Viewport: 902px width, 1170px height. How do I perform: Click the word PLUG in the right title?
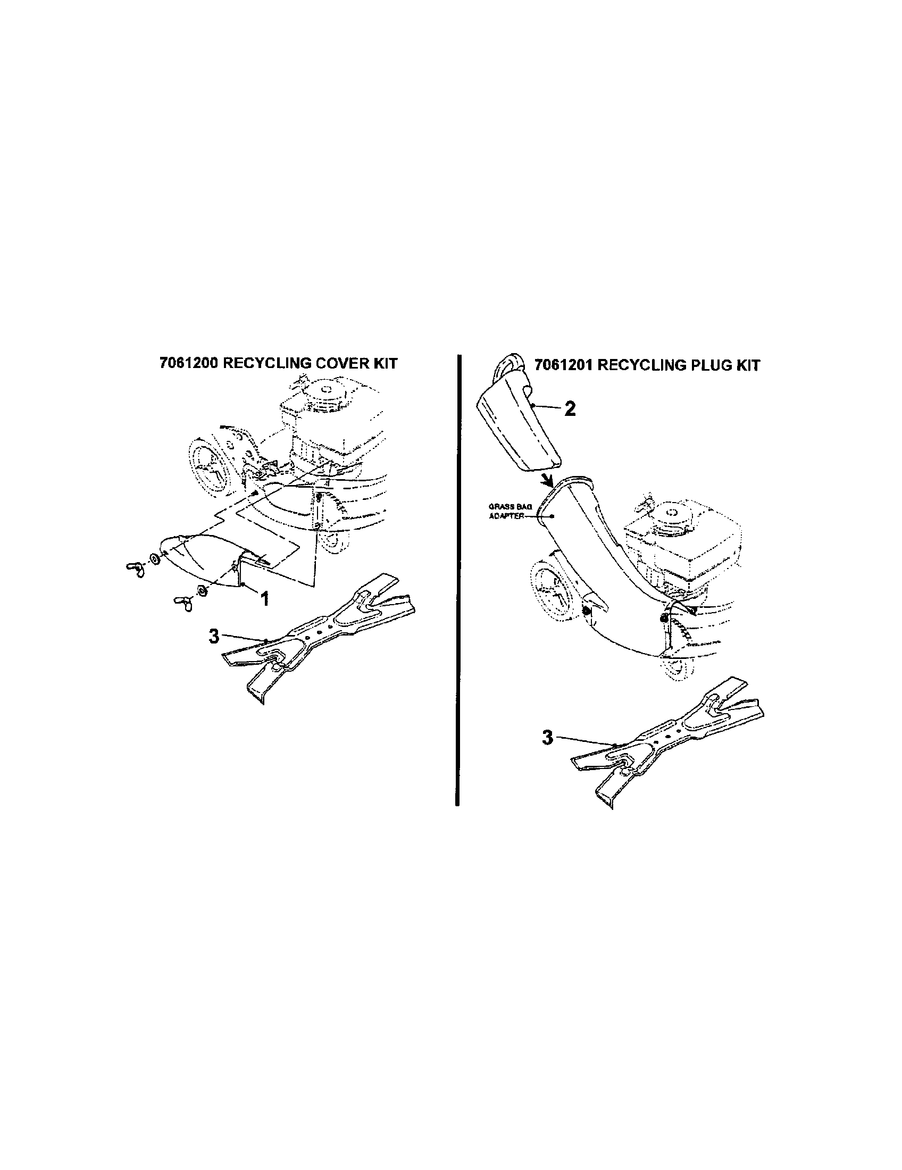(707, 365)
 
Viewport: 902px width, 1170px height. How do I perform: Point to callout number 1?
(264, 598)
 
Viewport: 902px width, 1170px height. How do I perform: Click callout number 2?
(570, 410)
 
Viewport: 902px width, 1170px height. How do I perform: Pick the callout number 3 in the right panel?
(547, 738)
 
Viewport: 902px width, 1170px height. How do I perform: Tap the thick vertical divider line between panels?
(457, 579)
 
